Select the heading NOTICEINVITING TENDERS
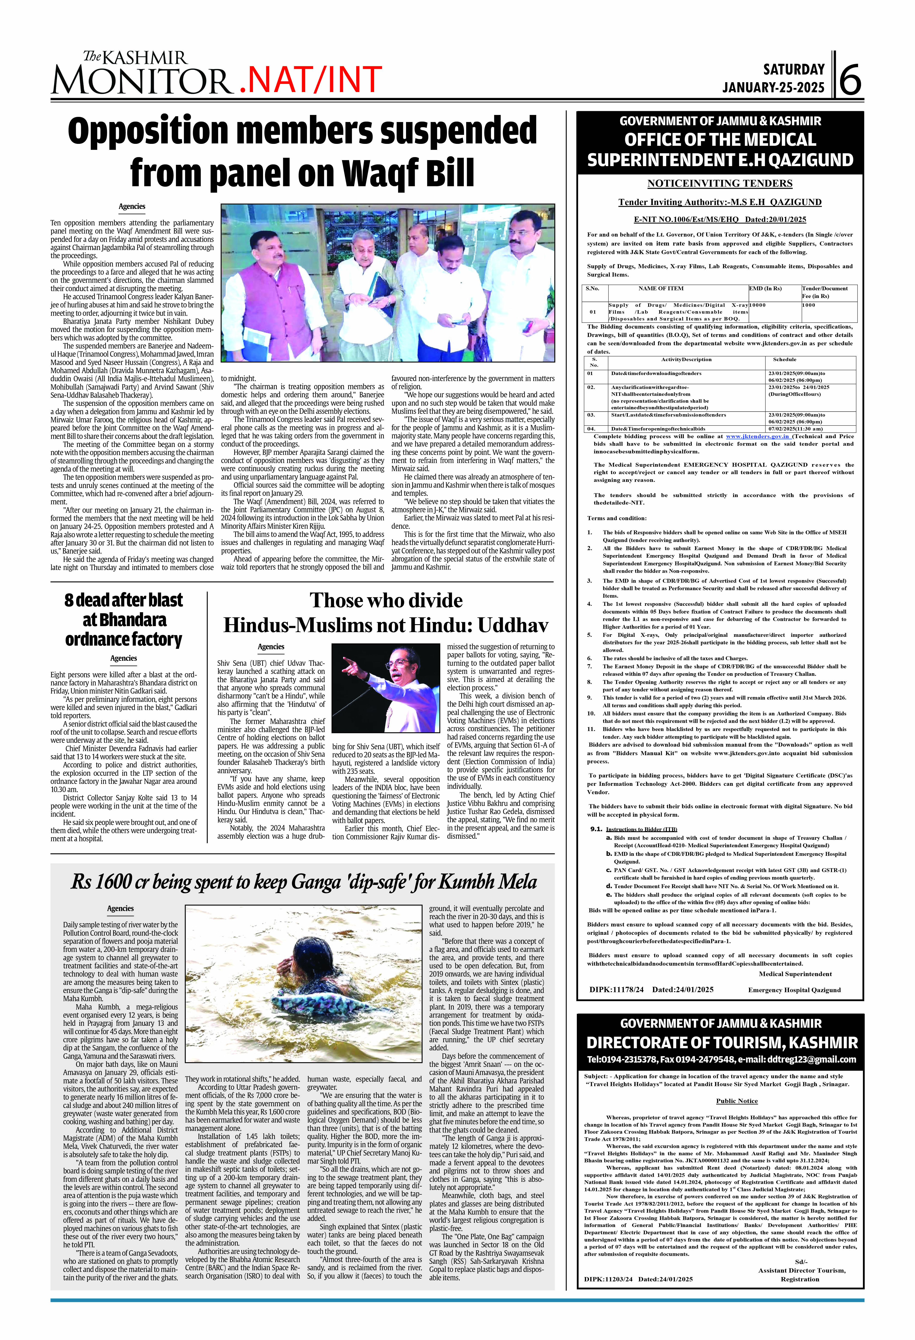click(720, 183)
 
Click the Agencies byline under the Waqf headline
click(132, 206)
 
